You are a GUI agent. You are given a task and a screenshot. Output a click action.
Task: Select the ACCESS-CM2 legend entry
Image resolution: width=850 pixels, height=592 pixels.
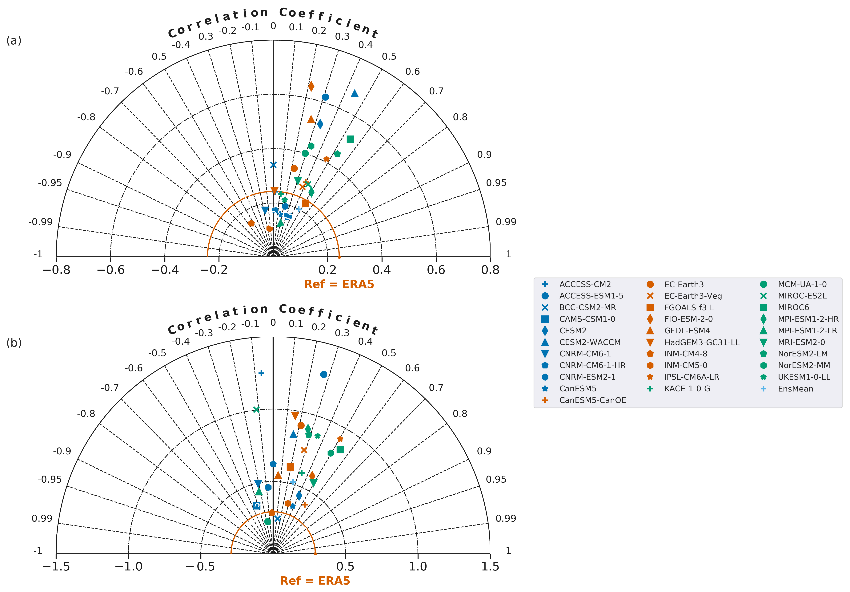coord(585,285)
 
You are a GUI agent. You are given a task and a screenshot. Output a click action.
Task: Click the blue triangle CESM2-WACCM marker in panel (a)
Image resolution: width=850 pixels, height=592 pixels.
coord(355,93)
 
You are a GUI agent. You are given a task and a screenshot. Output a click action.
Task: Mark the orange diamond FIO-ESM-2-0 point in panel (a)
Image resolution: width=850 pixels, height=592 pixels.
coord(311,86)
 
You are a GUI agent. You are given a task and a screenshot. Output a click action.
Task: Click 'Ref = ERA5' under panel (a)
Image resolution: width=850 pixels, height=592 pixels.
coord(339,284)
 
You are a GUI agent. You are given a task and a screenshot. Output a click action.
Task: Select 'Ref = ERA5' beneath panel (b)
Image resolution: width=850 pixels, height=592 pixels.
coord(315,581)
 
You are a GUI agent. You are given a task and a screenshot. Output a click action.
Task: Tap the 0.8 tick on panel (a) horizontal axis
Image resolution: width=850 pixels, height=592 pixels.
coord(490,270)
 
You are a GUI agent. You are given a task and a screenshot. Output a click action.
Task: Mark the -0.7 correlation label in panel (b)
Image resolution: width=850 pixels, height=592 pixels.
coord(110,387)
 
